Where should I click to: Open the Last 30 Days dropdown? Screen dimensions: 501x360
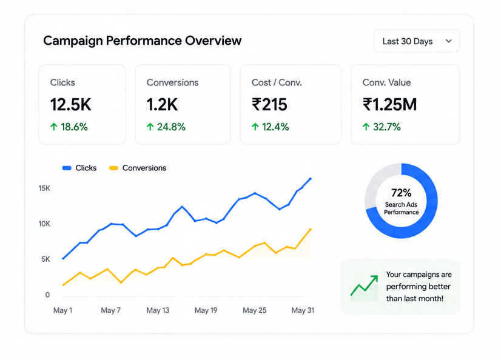(x=417, y=41)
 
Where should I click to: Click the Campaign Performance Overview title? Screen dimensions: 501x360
(x=142, y=41)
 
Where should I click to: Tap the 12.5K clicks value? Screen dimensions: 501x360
(x=70, y=105)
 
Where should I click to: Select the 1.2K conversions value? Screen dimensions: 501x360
(x=162, y=105)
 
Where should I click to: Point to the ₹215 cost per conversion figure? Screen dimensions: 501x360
(x=269, y=105)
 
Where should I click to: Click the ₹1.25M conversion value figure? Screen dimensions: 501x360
(x=389, y=105)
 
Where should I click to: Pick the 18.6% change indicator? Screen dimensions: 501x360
(x=69, y=127)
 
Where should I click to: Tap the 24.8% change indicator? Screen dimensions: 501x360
(x=166, y=127)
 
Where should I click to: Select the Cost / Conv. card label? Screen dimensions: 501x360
(x=277, y=82)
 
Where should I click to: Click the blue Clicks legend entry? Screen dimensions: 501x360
(x=79, y=168)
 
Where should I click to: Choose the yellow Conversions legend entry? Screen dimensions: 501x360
(x=138, y=168)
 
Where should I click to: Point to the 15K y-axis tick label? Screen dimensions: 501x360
(x=44, y=188)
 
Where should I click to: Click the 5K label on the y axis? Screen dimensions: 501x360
(x=45, y=259)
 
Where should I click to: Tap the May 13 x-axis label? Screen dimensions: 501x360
(x=158, y=310)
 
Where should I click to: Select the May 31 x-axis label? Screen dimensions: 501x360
(x=303, y=310)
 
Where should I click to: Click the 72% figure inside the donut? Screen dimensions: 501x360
(x=402, y=193)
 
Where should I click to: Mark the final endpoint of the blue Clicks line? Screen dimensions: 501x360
(x=311, y=179)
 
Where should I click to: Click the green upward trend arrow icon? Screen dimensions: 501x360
(x=365, y=285)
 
